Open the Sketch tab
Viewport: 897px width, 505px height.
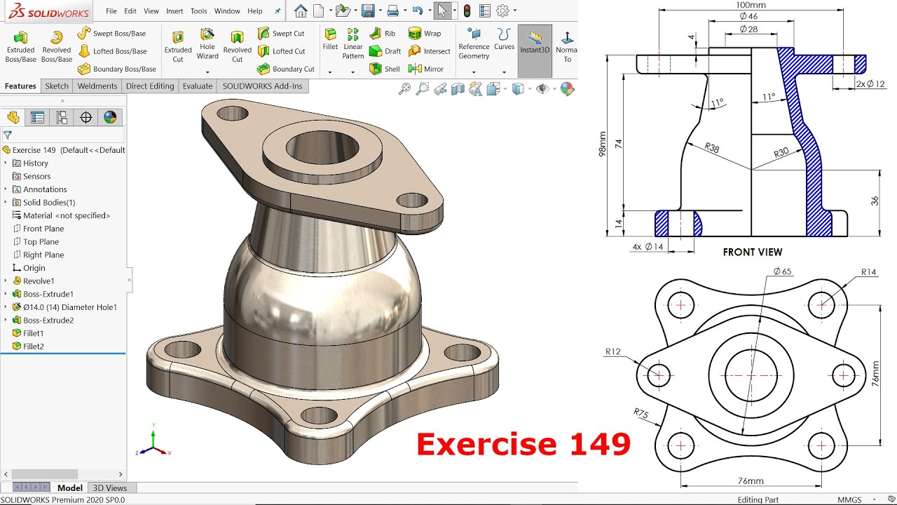[57, 86]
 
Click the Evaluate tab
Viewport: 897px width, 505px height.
[198, 86]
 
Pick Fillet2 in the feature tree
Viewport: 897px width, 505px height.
[33, 346]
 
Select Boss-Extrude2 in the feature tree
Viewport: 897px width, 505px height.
[48, 321]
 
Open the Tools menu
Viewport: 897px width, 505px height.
[198, 11]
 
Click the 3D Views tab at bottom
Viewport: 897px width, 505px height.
[110, 488]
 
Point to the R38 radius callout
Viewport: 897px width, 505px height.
[711, 148]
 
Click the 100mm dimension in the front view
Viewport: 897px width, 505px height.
[751, 5]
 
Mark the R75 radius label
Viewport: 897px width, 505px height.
[641, 413]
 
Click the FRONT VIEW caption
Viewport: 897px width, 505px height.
[752, 252]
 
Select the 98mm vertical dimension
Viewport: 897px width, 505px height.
[603, 144]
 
